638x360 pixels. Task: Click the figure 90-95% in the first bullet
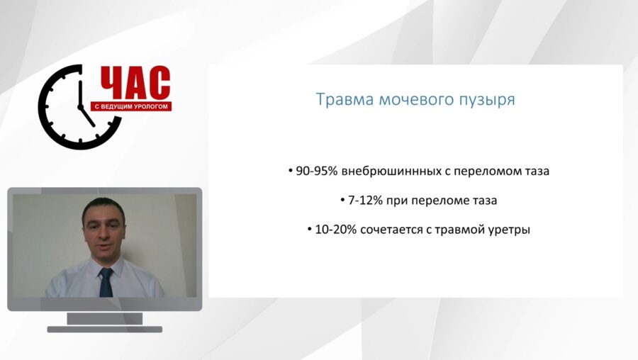(317, 171)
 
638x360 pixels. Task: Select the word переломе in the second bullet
(438, 201)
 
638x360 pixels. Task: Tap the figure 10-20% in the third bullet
(336, 230)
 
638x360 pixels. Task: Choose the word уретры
(511, 230)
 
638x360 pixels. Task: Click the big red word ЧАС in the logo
(135, 84)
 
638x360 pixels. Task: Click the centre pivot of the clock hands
(80, 106)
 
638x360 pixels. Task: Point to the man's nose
(104, 235)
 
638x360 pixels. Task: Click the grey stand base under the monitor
(105, 329)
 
